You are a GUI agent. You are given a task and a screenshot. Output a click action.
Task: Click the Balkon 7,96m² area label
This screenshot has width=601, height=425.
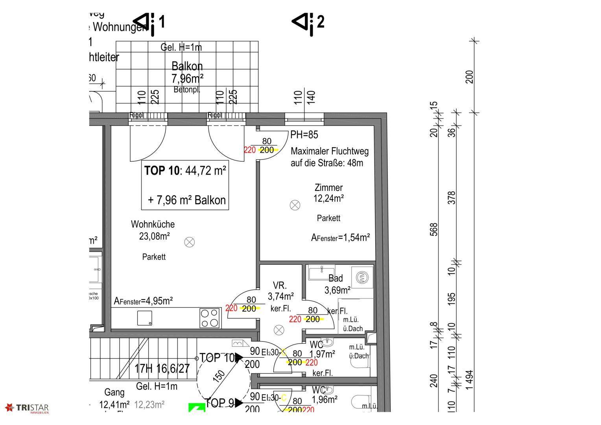pyautogui.click(x=187, y=72)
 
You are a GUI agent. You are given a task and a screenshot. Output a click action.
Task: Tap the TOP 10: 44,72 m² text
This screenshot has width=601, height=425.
pyautogui.click(x=185, y=171)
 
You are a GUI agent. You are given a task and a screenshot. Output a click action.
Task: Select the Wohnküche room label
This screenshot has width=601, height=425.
pyautogui.click(x=153, y=224)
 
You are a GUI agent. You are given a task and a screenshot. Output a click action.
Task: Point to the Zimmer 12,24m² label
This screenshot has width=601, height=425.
pyautogui.click(x=328, y=193)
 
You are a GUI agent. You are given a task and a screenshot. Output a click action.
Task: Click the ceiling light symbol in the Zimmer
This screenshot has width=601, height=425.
pyautogui.click(x=295, y=205)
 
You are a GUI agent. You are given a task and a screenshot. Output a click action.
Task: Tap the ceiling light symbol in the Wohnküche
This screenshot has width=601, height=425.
pyautogui.click(x=190, y=242)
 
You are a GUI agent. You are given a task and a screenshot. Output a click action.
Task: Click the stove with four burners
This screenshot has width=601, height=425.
pyautogui.click(x=210, y=318)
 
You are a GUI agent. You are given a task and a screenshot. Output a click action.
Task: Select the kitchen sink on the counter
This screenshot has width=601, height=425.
pyautogui.click(x=144, y=318)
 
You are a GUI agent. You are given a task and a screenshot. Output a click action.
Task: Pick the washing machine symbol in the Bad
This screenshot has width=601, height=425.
pyautogui.click(x=361, y=277)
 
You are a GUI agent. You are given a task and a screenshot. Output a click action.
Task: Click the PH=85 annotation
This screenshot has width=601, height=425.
pyautogui.click(x=304, y=135)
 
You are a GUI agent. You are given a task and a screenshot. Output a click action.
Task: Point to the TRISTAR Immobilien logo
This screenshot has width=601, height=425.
pyautogui.click(x=27, y=408)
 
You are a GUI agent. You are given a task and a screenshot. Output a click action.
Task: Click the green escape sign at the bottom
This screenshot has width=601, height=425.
pyautogui.click(x=197, y=408)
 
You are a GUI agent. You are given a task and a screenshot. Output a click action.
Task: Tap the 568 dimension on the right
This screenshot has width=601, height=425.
pyautogui.click(x=434, y=229)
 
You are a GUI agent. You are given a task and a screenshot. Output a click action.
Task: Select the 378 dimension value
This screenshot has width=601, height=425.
pyautogui.click(x=452, y=198)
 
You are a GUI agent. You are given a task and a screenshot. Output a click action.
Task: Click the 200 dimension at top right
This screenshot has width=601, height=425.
pyautogui.click(x=469, y=77)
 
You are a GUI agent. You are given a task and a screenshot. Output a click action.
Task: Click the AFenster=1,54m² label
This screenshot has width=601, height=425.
pyautogui.click(x=341, y=238)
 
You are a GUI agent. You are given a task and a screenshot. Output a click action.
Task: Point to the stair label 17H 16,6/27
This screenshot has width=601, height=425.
pyautogui.click(x=162, y=369)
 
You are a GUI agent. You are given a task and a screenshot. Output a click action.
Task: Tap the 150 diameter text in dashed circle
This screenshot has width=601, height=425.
pyautogui.click(x=220, y=377)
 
